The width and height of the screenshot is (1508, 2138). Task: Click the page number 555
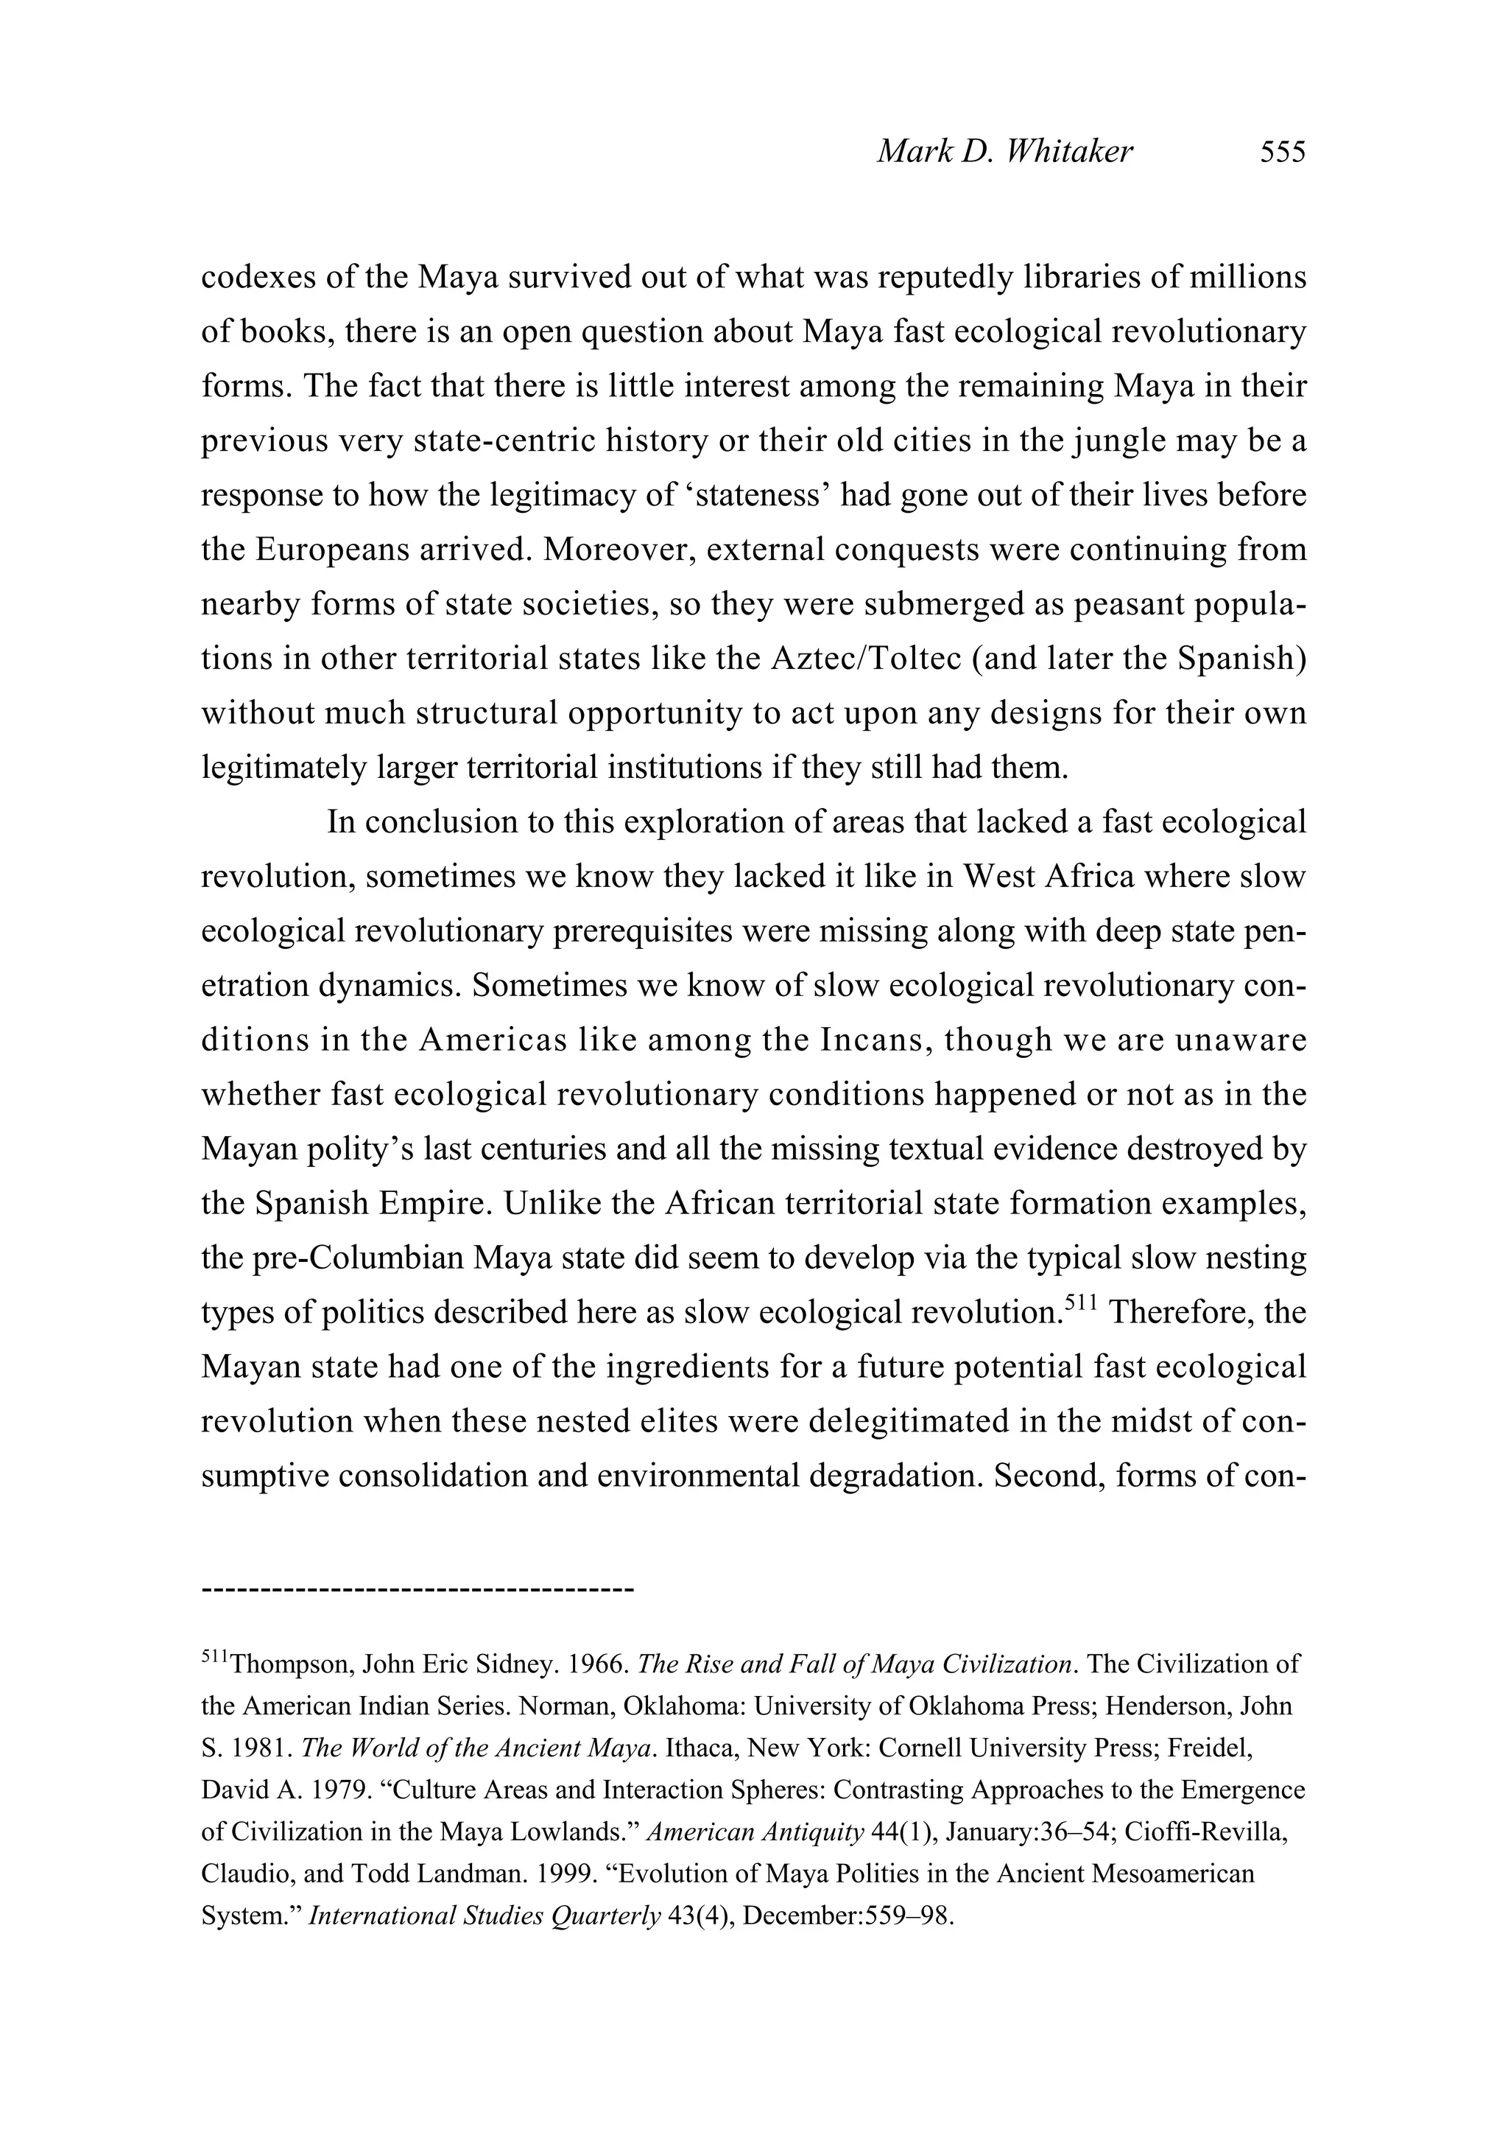[1283, 152]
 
